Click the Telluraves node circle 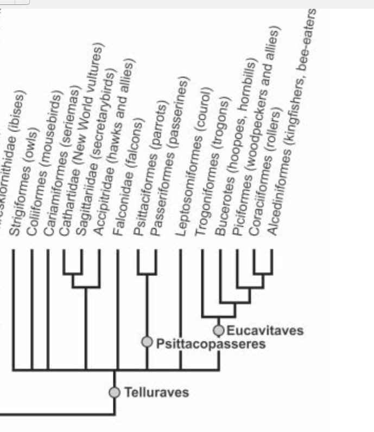pos(115,392)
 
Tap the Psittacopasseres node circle pos(147,341)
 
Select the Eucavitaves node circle pos(219,330)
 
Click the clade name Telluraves pos(156,392)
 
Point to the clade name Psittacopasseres pos(210,344)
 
